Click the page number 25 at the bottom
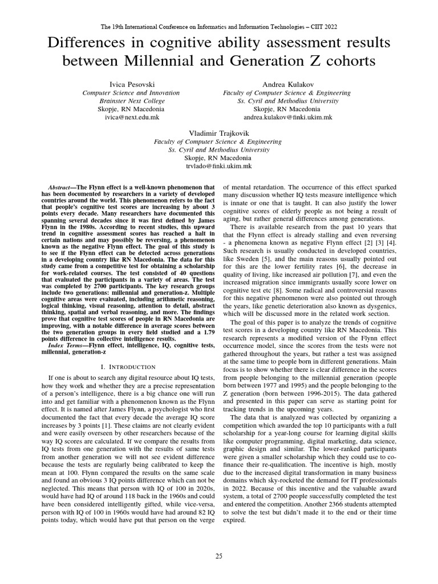(x=218, y=555)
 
